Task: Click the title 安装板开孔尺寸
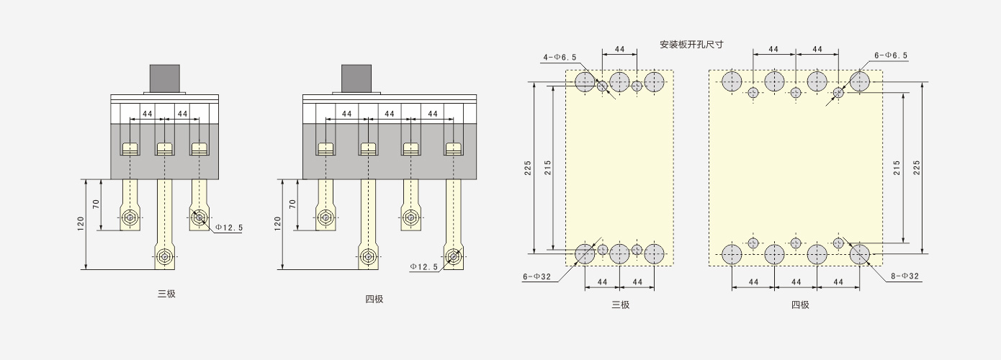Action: pos(691,44)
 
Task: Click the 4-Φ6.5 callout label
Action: pos(560,57)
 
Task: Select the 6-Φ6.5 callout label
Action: pos(891,55)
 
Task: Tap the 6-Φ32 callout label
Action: pos(537,276)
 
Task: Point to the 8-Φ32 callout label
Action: pos(905,276)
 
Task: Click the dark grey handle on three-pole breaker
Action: pos(164,78)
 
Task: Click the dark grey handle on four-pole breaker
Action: pos(356,78)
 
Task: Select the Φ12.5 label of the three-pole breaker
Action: pos(229,228)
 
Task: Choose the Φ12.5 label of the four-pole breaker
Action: pos(424,266)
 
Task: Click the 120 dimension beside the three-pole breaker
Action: pos(81,224)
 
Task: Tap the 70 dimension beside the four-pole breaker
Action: pos(292,204)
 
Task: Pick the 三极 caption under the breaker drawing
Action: pos(166,294)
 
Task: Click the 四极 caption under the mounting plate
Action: pos(800,305)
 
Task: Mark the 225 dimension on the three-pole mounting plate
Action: pos(528,168)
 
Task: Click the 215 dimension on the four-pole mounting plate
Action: pos(897,168)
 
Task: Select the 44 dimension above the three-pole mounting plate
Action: pos(619,49)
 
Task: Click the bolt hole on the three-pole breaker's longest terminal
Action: pos(164,256)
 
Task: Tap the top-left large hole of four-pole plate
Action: pos(732,82)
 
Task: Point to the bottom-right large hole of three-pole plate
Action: pos(654,253)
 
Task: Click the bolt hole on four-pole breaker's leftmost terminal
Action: pos(326,217)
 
